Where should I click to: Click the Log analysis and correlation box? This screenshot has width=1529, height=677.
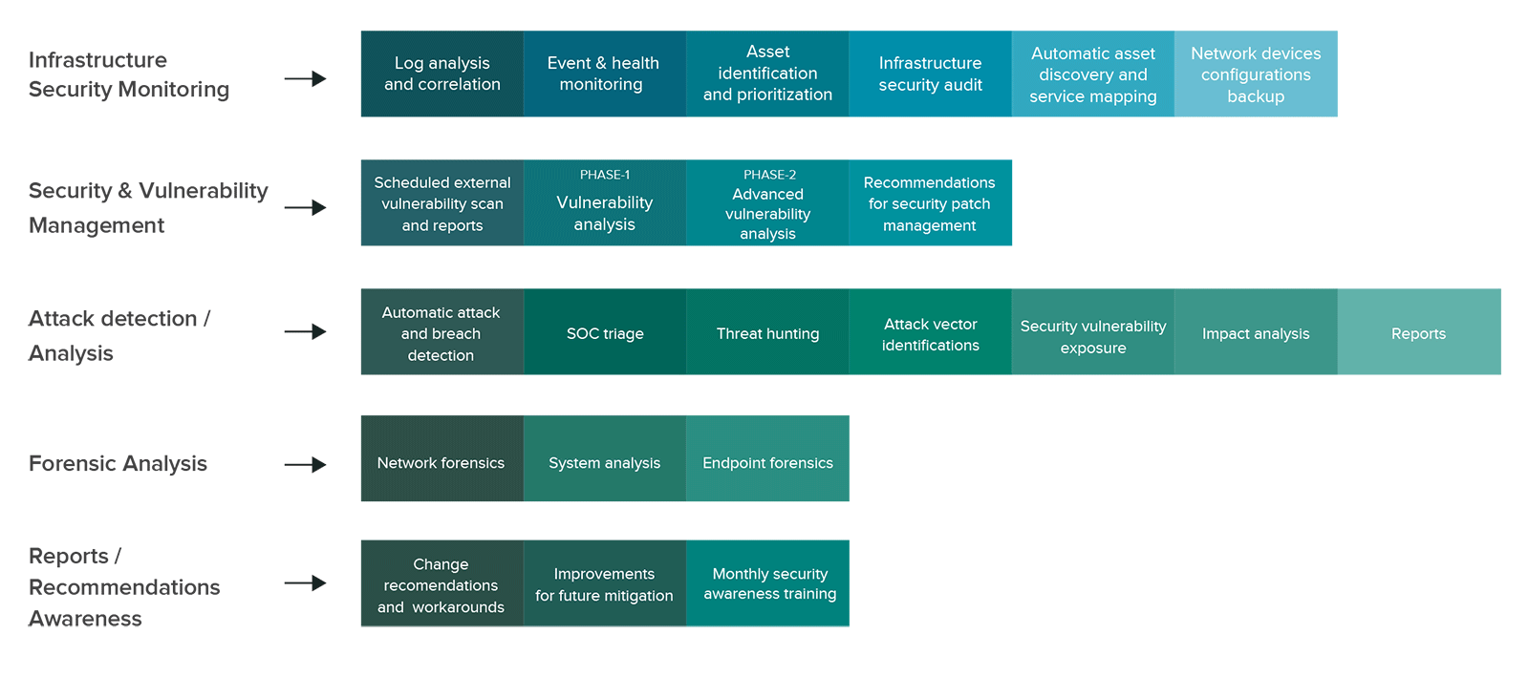(x=442, y=74)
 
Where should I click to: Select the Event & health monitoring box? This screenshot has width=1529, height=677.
(x=605, y=74)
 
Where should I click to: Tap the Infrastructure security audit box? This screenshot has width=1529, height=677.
(x=931, y=74)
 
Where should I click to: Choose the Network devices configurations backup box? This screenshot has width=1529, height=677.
(x=1256, y=74)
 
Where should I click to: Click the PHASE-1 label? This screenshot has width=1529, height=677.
(x=605, y=175)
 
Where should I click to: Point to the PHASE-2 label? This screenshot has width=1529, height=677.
(x=769, y=175)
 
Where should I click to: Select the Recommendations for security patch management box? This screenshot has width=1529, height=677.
(x=931, y=202)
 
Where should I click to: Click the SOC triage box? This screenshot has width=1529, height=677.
(x=605, y=331)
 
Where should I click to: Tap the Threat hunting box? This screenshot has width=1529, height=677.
(x=768, y=331)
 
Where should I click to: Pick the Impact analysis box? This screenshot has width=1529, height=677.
(x=1256, y=331)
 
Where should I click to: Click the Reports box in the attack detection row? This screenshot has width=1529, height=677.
(x=1419, y=331)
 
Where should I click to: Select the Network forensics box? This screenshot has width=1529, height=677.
(x=442, y=458)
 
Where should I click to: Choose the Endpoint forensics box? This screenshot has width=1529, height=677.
(x=768, y=458)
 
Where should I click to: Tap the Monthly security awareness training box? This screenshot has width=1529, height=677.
(x=768, y=582)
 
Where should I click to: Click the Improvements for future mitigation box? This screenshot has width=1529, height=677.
(x=605, y=582)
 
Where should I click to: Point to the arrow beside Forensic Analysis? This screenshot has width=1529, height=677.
(x=305, y=465)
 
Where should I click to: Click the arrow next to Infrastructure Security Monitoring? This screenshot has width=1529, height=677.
(x=305, y=79)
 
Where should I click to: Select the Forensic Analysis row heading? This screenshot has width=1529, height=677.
(x=118, y=464)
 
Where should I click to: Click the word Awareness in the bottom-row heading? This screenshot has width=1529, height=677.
(x=85, y=619)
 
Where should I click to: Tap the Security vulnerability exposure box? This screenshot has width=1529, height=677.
(x=1093, y=331)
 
